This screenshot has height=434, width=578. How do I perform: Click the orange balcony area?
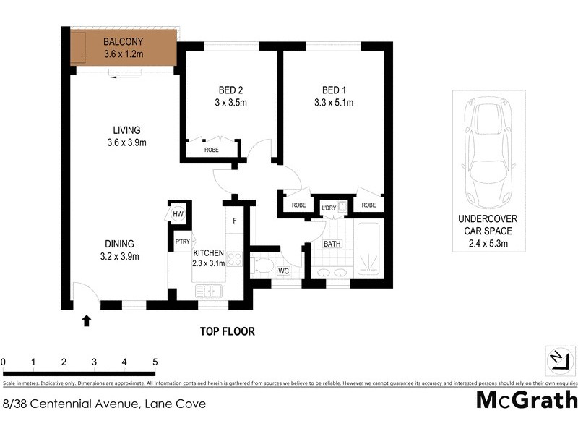coord(123,48)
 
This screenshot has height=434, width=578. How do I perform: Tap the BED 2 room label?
coord(230,90)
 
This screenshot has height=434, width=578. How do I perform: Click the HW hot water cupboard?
coord(178,214)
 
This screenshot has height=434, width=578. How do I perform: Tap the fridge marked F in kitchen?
coord(235,221)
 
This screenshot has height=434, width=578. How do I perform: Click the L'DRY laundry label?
coord(329,208)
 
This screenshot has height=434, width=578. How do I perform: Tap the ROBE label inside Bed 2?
coord(212,150)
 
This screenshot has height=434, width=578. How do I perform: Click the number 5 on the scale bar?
coord(155,362)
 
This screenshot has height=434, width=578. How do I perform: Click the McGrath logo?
coord(527,400)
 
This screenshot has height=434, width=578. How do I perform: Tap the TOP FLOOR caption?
coord(228,332)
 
